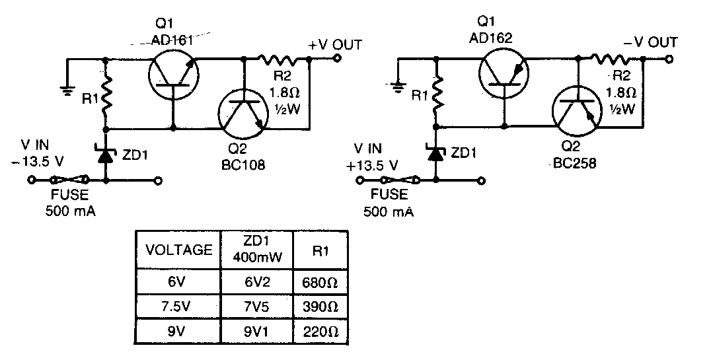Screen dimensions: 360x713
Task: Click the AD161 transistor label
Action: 172,40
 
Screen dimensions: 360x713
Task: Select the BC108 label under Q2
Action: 244,165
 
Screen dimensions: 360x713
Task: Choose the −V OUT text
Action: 651,43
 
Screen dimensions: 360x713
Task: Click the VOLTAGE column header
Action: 178,250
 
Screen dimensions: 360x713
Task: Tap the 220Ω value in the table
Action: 320,331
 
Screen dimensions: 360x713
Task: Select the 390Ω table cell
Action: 320,306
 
